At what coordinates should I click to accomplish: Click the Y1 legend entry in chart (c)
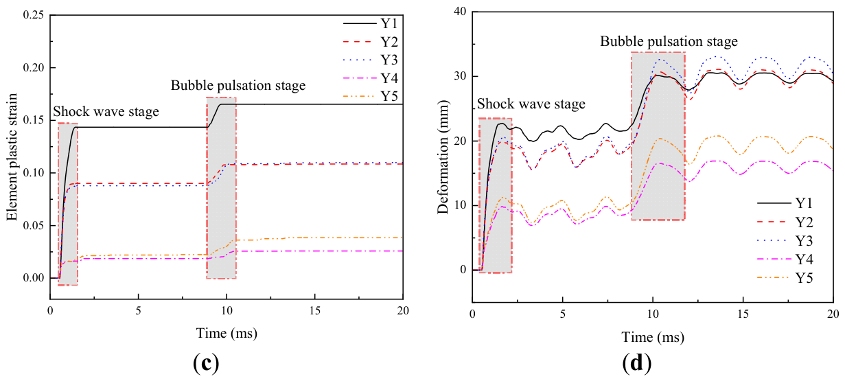pos(370,24)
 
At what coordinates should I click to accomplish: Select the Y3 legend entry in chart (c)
pos(370,60)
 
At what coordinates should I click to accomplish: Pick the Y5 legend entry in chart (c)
pos(370,97)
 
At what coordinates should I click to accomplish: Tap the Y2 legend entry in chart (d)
pos(785,222)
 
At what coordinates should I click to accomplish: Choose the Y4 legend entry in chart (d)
pos(785,259)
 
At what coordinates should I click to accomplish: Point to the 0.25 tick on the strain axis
pos(33,15)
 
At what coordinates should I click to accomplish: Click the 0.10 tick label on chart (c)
pos(33,173)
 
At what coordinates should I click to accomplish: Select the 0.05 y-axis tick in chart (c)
pos(33,225)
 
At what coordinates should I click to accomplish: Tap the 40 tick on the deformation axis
pos(460,12)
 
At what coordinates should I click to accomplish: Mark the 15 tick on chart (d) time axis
pos(743,314)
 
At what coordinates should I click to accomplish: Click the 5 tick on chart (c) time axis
pos(139,311)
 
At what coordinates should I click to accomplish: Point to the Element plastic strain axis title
pos(12,157)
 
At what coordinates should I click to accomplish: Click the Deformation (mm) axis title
pos(443,157)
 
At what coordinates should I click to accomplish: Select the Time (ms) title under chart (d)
pos(653,337)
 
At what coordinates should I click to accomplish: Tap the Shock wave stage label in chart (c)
pos(106,112)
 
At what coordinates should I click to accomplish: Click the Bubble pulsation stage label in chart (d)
pos(669,41)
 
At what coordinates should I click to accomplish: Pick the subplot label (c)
pos(206,363)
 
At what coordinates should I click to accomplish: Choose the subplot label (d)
pos(637,363)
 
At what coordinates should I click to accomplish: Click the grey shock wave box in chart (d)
pos(496,196)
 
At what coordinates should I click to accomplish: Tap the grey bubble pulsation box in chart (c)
pos(222,188)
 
